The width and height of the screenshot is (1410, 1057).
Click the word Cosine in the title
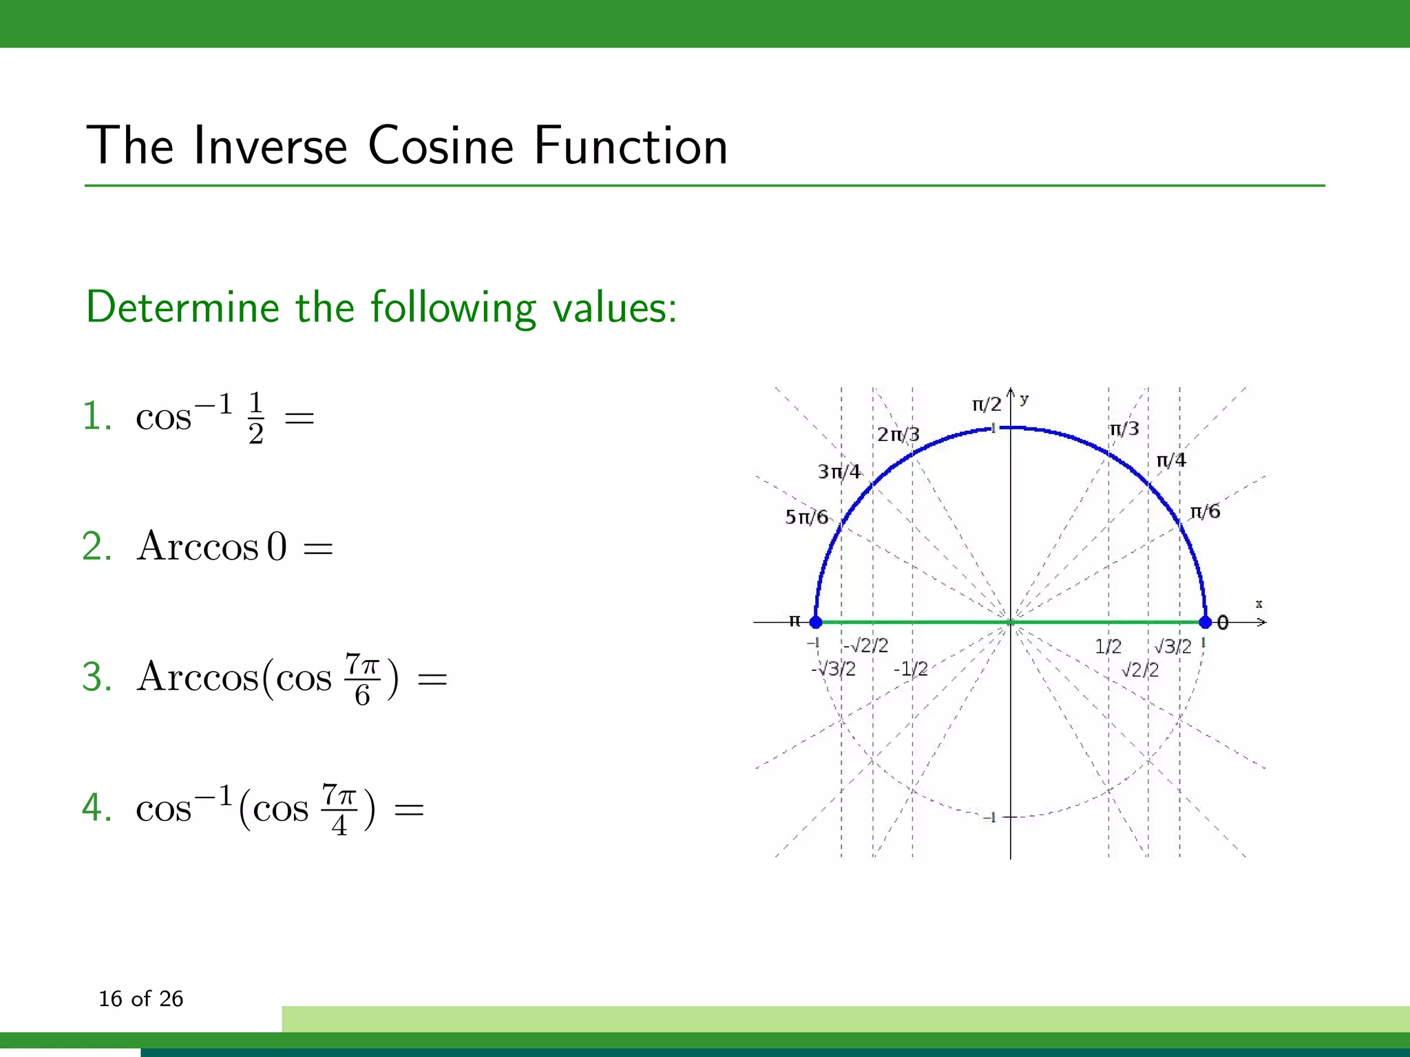(441, 146)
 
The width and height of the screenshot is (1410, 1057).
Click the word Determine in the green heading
(182, 307)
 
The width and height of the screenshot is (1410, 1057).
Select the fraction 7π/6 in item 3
(362, 680)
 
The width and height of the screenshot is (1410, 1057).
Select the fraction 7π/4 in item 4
(339, 809)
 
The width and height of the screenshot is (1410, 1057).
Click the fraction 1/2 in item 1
(255, 418)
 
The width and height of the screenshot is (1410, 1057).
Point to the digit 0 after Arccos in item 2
(277, 548)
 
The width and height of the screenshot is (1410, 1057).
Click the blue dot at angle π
(816, 622)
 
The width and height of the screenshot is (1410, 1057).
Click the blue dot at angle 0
(1205, 622)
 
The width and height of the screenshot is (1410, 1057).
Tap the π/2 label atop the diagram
(987, 405)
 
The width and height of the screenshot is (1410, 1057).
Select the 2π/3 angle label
(898, 435)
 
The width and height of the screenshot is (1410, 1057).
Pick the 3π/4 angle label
(839, 472)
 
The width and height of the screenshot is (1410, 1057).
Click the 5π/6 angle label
(806, 517)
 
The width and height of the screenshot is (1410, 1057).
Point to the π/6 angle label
(1205, 511)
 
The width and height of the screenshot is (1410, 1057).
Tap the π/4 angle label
(1171, 460)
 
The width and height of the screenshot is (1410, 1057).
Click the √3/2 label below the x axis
(1172, 646)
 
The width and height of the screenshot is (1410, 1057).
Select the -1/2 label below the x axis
(910, 669)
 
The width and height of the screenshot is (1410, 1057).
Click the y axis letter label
(1024, 398)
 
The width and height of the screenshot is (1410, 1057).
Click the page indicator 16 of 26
(140, 999)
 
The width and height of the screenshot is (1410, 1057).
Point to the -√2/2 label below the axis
(865, 645)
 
